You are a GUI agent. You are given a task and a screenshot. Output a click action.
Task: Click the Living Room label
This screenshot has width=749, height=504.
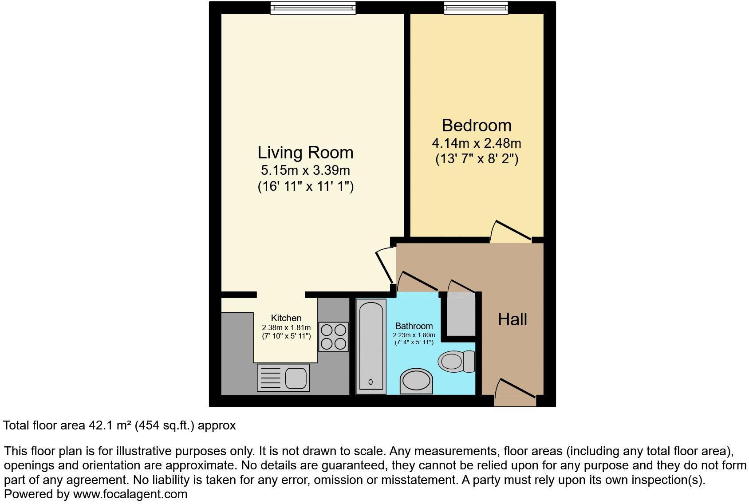pyautogui.click(x=305, y=153)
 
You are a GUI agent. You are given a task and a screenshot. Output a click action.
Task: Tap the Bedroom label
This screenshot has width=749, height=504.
pyautogui.click(x=477, y=126)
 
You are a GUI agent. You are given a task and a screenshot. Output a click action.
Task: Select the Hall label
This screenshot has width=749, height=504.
pyautogui.click(x=512, y=319)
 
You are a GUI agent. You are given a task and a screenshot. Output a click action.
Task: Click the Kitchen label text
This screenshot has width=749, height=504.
pyautogui.click(x=286, y=318)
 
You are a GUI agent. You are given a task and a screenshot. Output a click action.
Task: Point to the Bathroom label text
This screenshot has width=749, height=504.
pyautogui.click(x=414, y=326)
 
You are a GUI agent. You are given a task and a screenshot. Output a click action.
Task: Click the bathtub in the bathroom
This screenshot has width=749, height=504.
pyautogui.click(x=371, y=346)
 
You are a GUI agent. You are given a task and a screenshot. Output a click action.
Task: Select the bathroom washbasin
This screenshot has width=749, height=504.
pyautogui.click(x=416, y=381)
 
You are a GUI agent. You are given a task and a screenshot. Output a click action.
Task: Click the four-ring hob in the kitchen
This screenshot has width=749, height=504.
pyautogui.click(x=333, y=337)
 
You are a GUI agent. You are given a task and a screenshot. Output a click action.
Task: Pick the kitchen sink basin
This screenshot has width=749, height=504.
pyautogui.click(x=296, y=378)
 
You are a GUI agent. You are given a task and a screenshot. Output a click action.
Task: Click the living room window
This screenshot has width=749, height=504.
pyautogui.click(x=313, y=8)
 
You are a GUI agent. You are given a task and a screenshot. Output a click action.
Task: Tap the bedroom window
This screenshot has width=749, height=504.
pyautogui.click(x=476, y=8)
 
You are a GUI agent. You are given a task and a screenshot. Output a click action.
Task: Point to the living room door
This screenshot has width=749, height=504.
pyautogui.click(x=384, y=266)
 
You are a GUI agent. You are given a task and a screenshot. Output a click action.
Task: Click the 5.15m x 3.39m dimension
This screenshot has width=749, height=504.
pyautogui.click(x=305, y=170)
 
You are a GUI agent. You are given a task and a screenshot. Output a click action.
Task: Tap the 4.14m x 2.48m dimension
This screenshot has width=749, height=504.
pyautogui.click(x=477, y=144)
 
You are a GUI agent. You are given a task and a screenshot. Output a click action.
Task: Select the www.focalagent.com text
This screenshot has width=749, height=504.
pyautogui.click(x=130, y=494)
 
